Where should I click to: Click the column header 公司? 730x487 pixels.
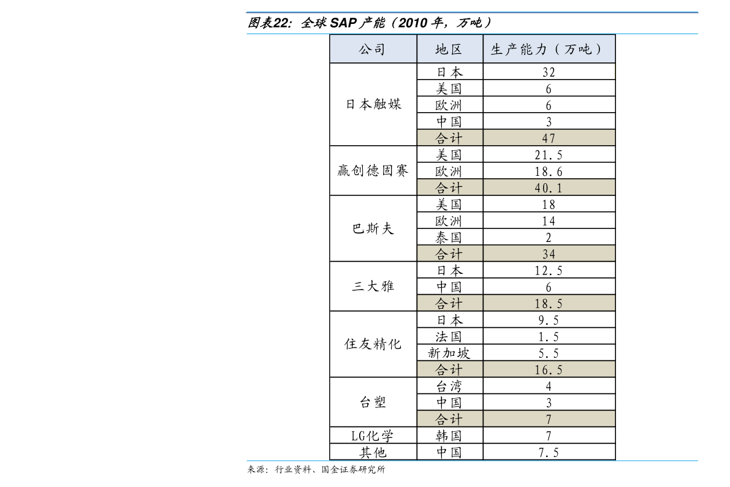coord(372,49)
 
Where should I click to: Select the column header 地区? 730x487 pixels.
coord(449,49)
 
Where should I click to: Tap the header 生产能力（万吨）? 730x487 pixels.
coord(548,49)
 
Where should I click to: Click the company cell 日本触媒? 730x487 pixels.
coord(373,104)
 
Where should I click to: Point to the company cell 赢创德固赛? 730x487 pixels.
coord(373,171)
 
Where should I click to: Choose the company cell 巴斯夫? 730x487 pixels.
coord(373,228)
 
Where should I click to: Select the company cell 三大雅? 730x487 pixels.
coord(373,286)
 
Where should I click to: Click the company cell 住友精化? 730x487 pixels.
coord(373,344)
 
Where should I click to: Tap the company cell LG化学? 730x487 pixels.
coord(373,436)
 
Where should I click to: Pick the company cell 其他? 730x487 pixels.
coord(373,453)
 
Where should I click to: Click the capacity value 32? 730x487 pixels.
coord(549,72)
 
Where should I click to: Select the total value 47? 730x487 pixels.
coord(549,138)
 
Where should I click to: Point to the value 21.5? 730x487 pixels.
coord(549,155)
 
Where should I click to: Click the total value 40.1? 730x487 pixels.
coord(549,188)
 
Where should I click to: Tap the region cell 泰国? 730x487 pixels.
coord(449,238)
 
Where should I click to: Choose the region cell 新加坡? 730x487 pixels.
coord(449,353)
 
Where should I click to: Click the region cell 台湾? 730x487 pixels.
coord(449,387)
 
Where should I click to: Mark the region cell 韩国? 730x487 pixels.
coord(449,436)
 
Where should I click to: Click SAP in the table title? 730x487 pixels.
coord(343,22)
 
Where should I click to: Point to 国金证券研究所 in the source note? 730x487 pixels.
coord(357,470)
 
